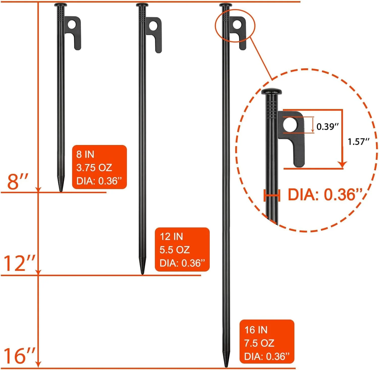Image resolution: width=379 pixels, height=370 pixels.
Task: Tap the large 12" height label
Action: [x=19, y=263]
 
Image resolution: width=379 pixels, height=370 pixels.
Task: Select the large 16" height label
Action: [x=19, y=356]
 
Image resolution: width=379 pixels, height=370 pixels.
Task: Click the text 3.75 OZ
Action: [x=94, y=168]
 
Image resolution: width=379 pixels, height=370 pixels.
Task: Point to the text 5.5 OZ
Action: [x=175, y=250]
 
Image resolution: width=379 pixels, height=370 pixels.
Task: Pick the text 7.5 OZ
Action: [x=259, y=343]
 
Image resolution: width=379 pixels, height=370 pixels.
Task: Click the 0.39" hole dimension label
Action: [x=327, y=126]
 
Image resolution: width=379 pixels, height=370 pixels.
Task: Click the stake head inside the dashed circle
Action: [x=271, y=91]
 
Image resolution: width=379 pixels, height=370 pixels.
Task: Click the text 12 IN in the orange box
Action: [x=171, y=237]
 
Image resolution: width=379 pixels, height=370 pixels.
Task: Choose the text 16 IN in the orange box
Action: [x=256, y=330]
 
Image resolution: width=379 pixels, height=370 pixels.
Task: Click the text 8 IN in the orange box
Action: [x=85, y=154]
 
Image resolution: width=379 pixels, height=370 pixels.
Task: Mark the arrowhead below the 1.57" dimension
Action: [x=342, y=165]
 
